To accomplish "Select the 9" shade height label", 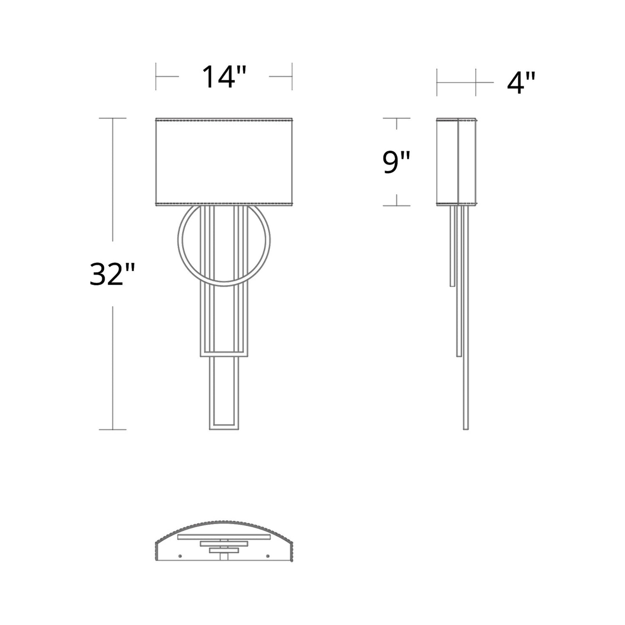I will point(396,162).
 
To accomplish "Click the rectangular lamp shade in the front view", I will point(224,161).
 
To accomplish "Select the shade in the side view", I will point(456,161).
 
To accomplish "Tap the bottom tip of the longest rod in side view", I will point(465,429).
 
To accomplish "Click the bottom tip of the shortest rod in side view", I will point(452,285).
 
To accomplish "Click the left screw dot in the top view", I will point(180,555).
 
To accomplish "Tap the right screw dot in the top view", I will point(268,555).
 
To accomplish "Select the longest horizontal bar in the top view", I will point(224,537).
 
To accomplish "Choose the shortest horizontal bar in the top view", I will point(224,550).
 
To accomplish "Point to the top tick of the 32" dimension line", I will point(113,118).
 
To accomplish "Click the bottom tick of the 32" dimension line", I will point(113,429).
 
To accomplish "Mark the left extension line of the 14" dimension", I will point(156,77).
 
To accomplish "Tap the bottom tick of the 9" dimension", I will point(397,206).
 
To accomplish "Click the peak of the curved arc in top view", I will point(224,522).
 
